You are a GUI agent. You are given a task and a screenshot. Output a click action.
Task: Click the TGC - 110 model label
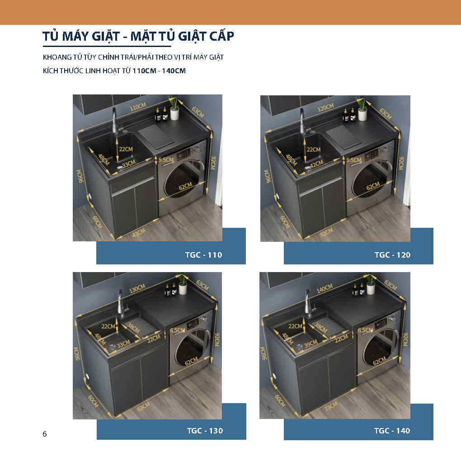203,254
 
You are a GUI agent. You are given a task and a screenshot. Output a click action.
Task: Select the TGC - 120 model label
392,254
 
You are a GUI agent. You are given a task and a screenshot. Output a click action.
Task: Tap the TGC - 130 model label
205,431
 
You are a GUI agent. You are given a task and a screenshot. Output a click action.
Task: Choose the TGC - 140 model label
392,431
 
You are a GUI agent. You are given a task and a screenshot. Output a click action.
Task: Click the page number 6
45,434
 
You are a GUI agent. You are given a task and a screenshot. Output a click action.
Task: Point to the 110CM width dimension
138,107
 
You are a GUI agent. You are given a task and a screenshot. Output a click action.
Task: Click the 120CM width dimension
325,108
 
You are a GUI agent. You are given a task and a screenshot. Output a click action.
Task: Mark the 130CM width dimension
137,288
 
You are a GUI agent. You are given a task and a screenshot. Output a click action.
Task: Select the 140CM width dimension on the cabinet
325,288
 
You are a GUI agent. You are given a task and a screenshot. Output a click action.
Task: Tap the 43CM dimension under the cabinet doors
139,232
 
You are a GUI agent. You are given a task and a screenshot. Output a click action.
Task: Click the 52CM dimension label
326,232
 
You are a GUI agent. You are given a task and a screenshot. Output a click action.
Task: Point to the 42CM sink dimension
317,164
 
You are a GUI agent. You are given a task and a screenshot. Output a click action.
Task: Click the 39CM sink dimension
311,343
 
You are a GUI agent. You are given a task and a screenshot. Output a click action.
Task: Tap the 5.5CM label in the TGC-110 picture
166,160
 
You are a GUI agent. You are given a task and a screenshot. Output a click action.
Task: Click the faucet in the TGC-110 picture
115,121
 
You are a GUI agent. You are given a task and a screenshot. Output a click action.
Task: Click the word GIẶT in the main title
106,37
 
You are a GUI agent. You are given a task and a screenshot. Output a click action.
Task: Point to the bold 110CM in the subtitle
144,71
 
